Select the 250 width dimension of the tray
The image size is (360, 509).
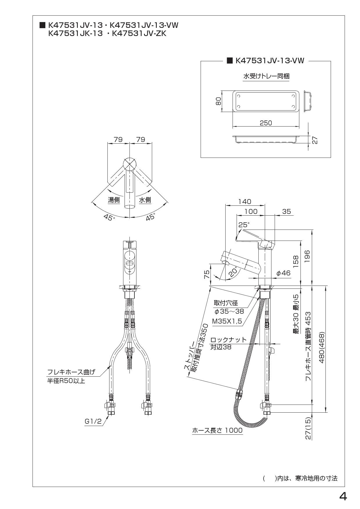point(266,123)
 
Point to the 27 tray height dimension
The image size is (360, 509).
point(315,140)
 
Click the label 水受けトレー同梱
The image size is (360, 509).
point(266,76)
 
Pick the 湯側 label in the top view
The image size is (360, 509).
point(114,200)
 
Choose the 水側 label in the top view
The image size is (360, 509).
point(145,200)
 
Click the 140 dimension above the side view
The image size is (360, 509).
point(244,201)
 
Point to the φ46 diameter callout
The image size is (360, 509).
point(283,273)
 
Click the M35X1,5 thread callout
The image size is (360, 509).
point(227,321)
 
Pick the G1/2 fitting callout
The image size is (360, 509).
point(93,421)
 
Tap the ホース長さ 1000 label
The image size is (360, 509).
point(217,430)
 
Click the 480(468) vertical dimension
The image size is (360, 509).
point(321,348)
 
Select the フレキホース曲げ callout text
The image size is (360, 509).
point(71,372)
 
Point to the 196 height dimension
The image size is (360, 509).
point(307,256)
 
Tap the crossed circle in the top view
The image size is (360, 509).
point(129,164)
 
